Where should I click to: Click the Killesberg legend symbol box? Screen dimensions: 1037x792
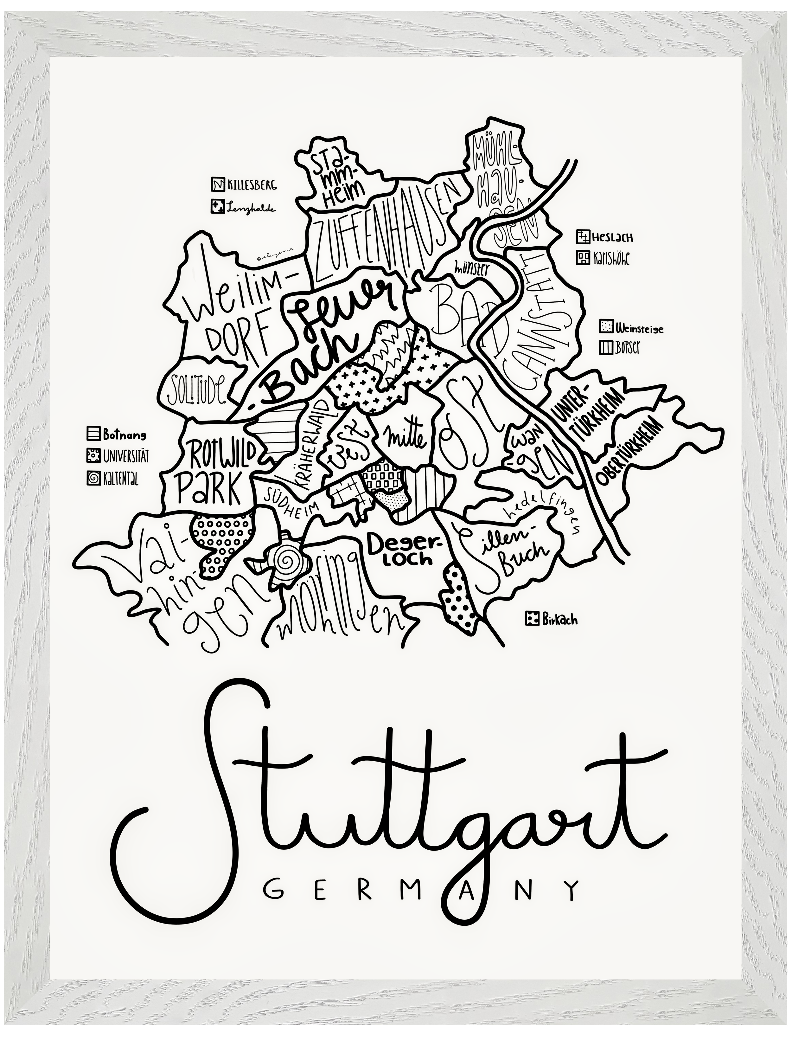[x=217, y=184]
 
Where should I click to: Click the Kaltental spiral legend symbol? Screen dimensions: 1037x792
[x=93, y=478]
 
